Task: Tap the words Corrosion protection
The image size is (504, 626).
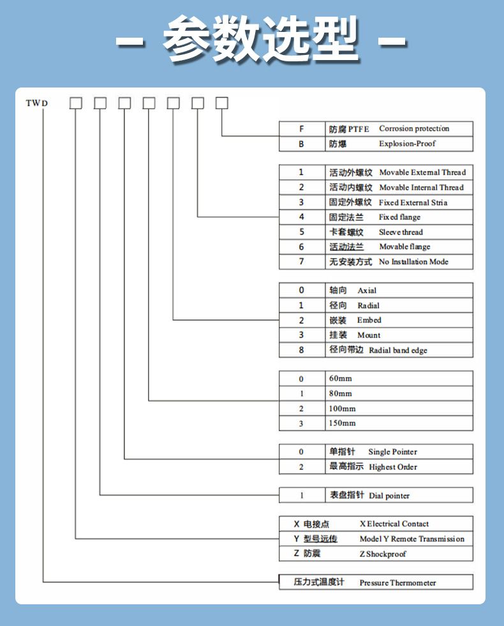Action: coord(414,129)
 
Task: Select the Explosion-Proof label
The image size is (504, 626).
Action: coord(407,144)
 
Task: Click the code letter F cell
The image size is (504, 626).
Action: coord(302,129)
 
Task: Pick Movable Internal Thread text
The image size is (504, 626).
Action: coord(421,188)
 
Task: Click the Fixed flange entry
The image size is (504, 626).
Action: coord(399,217)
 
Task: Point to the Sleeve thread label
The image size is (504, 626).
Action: coord(401,233)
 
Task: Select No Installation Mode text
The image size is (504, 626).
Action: coord(413,262)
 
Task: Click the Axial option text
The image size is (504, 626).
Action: coord(367,291)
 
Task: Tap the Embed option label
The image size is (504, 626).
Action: coord(369,320)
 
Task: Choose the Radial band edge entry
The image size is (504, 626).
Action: coord(398,351)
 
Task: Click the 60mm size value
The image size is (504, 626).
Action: coord(340,379)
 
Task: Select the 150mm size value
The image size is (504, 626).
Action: coord(343,424)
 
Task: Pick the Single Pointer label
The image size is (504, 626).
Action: coord(392,452)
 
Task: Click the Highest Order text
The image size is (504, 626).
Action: coord(392,468)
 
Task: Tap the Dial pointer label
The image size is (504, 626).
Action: coord(389,496)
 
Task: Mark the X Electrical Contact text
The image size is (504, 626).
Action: coord(394,524)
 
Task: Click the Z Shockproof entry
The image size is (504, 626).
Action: coord(382,554)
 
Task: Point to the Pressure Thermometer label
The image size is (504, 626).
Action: coord(397,583)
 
